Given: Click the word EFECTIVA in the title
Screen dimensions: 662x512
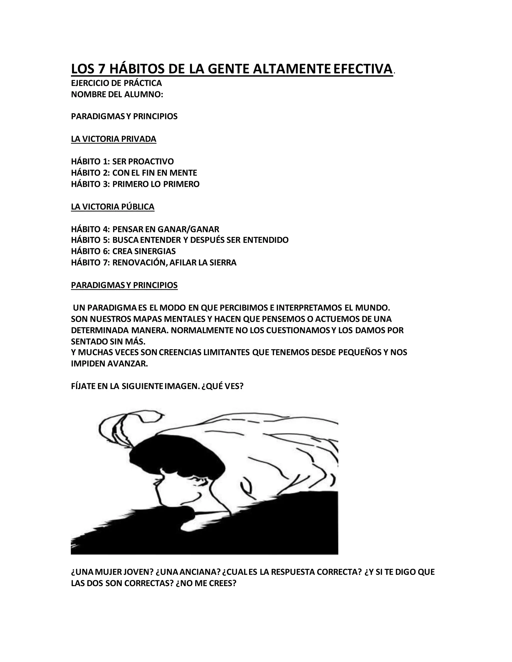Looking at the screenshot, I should [363, 69].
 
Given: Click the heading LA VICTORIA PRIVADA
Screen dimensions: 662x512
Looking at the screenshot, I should [113, 139].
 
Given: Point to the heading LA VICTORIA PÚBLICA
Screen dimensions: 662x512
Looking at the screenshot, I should [112, 207].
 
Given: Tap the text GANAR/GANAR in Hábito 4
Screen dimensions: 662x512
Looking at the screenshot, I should [188, 229].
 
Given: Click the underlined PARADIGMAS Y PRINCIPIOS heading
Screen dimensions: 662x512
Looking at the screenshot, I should [124, 285].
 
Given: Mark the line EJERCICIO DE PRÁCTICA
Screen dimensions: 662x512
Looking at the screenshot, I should [116, 83].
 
